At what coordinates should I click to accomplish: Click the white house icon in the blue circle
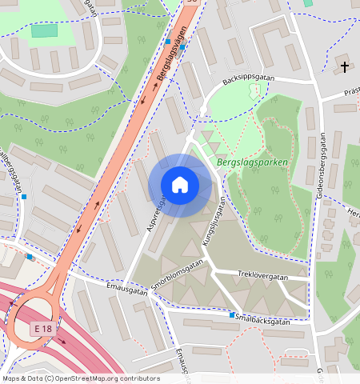(180, 185)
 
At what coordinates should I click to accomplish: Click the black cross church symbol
(346, 66)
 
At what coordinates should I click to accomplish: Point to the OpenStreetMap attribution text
(80, 378)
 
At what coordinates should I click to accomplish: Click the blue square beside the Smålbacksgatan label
(232, 315)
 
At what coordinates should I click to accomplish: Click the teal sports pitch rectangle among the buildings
(44, 30)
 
